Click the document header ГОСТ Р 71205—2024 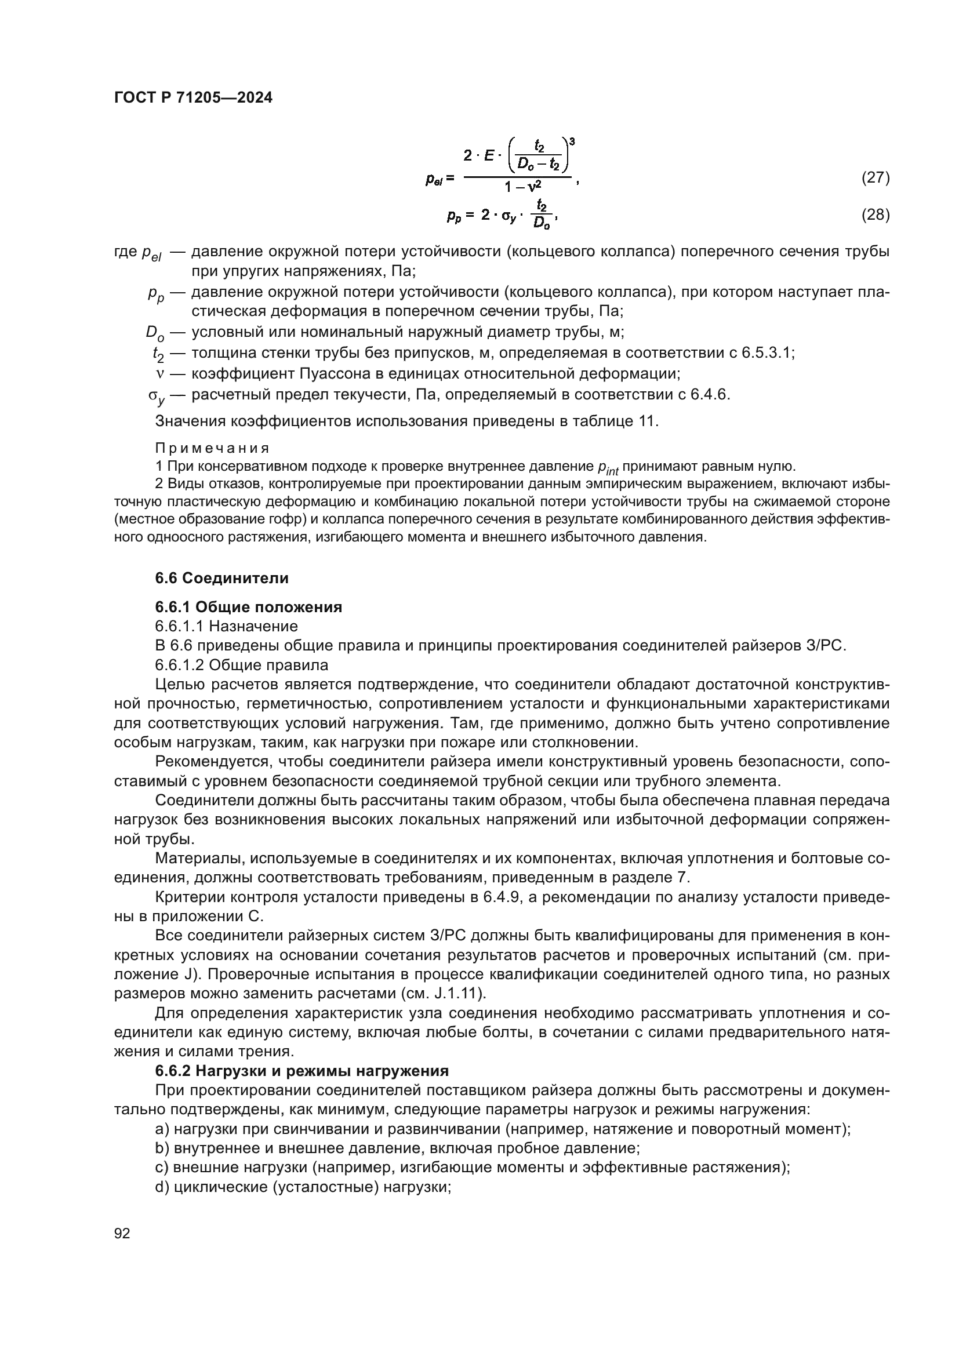(x=193, y=98)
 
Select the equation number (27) (x=875, y=177)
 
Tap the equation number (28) (x=875, y=215)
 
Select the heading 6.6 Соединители (x=221, y=578)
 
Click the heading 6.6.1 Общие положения (x=249, y=607)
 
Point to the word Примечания (x=212, y=448)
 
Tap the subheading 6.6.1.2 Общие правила (x=242, y=665)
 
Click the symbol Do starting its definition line (x=155, y=333)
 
